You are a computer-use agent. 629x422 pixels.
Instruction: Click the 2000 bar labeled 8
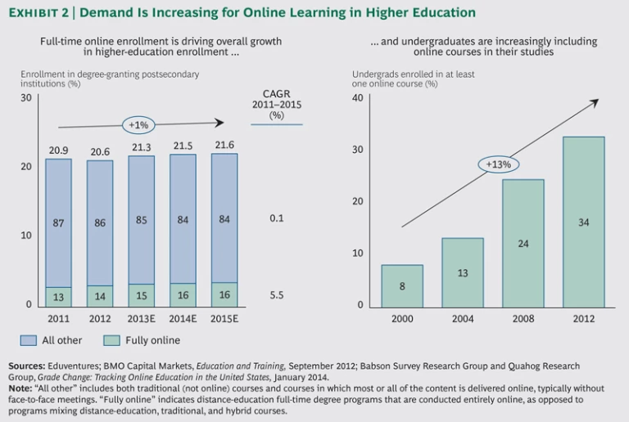[x=402, y=285]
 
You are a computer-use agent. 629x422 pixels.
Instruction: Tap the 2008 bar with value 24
[x=523, y=243]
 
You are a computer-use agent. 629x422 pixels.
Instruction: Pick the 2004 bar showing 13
[x=463, y=272]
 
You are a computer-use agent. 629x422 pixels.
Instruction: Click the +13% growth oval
[x=498, y=164]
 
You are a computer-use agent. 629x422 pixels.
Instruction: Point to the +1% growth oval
[x=138, y=125]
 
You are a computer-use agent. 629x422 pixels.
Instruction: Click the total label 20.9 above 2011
[x=58, y=150]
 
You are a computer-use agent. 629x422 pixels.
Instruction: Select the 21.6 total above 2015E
[x=224, y=146]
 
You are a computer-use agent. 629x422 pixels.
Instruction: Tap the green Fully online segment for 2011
[x=58, y=297]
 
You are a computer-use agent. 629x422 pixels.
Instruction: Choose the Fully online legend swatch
[x=112, y=340]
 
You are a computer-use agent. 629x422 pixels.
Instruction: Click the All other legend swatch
[x=29, y=340]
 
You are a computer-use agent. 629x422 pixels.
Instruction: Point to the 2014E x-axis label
[x=183, y=318]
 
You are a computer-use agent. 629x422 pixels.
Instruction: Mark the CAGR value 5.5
[x=276, y=294]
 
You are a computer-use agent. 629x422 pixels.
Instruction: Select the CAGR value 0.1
[x=276, y=218]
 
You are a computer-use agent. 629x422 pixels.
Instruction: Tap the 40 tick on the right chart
[x=357, y=98]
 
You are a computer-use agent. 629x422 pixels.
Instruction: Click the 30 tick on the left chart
[x=26, y=98]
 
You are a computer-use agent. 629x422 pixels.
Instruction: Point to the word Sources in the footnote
[x=27, y=366]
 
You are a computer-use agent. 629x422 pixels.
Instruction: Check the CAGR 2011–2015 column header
[x=276, y=104]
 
